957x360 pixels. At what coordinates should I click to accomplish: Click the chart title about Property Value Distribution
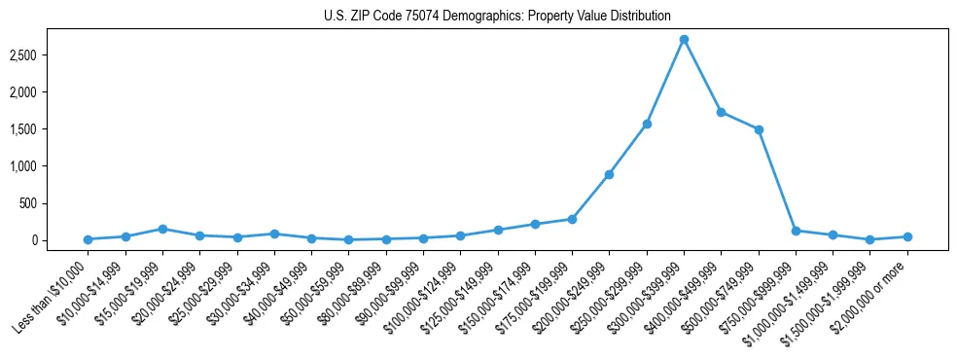(x=497, y=16)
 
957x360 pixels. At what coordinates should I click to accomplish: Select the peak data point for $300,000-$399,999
(x=684, y=40)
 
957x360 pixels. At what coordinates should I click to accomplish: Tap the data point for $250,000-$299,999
(x=647, y=125)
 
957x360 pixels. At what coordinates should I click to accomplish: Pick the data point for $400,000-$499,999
(x=721, y=112)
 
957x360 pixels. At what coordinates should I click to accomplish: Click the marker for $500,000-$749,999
(x=759, y=129)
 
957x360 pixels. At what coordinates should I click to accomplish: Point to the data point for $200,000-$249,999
(x=609, y=175)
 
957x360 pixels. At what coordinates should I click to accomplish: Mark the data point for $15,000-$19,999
(x=162, y=229)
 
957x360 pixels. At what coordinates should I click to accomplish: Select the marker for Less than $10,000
(x=88, y=239)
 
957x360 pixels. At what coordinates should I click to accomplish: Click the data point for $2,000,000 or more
(x=907, y=236)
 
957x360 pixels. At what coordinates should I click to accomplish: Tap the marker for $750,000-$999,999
(x=796, y=231)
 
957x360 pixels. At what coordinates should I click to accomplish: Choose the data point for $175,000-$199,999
(x=572, y=219)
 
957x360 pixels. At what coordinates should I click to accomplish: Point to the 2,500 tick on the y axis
(x=50, y=55)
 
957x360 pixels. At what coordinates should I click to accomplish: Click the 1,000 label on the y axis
(x=50, y=166)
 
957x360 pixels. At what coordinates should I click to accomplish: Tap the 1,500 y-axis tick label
(x=50, y=129)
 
